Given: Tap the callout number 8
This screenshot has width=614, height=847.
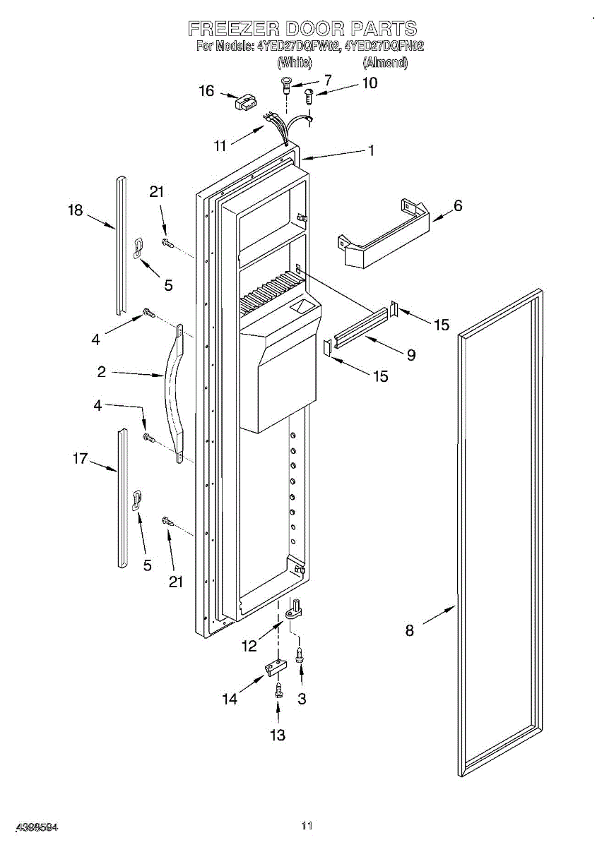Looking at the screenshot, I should pos(410,630).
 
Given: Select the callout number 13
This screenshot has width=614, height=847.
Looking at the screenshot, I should pos(278,735).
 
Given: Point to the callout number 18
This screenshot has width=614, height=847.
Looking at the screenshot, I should pos(76,210).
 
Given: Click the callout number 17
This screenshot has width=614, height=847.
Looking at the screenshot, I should pos(80,459).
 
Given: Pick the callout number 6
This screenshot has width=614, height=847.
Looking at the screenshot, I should pos(458,205).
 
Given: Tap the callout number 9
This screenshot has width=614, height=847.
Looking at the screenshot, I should pos(411,355).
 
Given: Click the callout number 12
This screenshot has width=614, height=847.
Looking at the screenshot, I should pos(249,646).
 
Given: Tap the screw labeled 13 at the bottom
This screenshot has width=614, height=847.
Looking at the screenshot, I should pos(278,690).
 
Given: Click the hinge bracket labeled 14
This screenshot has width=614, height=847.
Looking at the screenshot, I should pos(276,666).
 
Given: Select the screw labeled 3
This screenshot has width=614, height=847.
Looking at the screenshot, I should pos(300,654).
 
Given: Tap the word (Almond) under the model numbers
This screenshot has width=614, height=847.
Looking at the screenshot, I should pos(385,63).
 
